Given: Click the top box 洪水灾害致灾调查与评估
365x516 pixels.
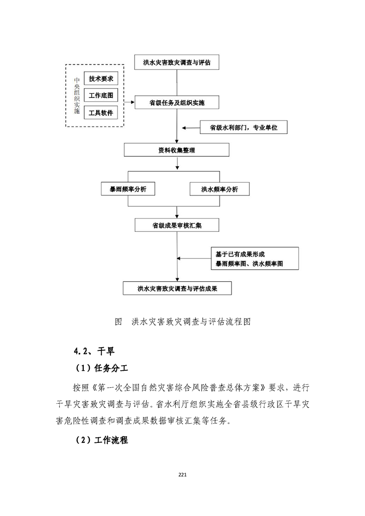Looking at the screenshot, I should pos(177,62).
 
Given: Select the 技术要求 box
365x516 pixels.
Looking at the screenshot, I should pos(101,78).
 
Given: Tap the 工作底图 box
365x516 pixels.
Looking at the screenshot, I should pos(101,96).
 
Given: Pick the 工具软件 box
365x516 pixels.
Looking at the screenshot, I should pos(101,113).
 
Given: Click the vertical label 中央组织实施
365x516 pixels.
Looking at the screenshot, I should pos(77,96).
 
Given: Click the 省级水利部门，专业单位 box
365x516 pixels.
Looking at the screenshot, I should pos(243,126).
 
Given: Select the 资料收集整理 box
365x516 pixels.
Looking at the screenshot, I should pos(177,150).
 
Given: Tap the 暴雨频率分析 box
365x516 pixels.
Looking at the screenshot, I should pos(128,189).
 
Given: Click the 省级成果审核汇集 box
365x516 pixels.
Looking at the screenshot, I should pos(177,225).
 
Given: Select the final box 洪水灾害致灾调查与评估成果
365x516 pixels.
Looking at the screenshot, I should pos(177,289).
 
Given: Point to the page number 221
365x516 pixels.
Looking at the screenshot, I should pos(182,474).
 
